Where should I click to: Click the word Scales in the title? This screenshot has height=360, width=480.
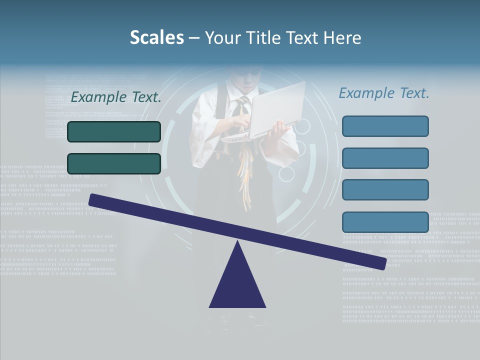pyautogui.click(x=156, y=37)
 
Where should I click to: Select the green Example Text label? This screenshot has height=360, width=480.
pyautogui.click(x=116, y=97)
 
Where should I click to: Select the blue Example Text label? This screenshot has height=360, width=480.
pyautogui.click(x=384, y=93)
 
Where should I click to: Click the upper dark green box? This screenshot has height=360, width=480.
pyautogui.click(x=114, y=131)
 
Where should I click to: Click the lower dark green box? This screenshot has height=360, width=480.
pyautogui.click(x=114, y=163)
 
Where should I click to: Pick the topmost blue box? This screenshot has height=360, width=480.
pyautogui.click(x=385, y=126)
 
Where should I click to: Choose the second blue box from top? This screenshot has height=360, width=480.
pyautogui.click(x=385, y=158)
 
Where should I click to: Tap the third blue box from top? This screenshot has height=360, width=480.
pyautogui.click(x=385, y=189)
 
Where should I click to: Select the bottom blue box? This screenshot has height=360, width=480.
pyautogui.click(x=385, y=222)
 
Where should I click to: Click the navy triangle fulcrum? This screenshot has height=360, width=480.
pyautogui.click(x=237, y=285)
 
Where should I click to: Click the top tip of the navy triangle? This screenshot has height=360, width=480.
pyautogui.click(x=238, y=242)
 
